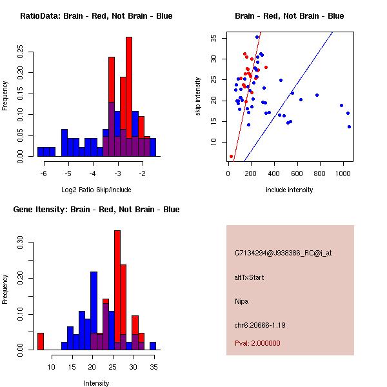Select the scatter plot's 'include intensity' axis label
click(x=290, y=190)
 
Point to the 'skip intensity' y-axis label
click(x=198, y=97)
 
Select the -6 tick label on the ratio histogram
click(x=44, y=174)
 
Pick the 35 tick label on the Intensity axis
click(x=153, y=367)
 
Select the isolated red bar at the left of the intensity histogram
click(x=41, y=341)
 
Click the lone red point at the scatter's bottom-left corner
click(x=231, y=156)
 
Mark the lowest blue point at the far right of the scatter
click(x=349, y=126)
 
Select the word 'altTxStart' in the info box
click(x=250, y=277)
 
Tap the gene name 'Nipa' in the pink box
click(x=242, y=301)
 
